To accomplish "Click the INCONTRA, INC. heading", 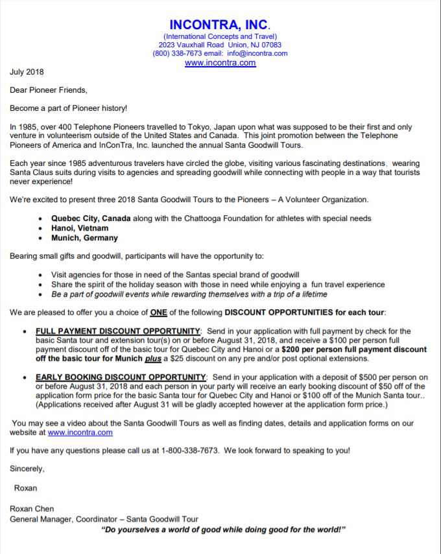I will tap(220, 25).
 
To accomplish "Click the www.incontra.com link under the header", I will tap(220, 63).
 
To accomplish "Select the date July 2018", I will tap(27, 72).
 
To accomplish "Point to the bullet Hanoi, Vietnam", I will tap(80, 228).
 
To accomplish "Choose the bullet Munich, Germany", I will tap(84, 238).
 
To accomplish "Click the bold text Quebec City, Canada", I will tap(92, 218).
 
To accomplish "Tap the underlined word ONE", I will tap(158, 312).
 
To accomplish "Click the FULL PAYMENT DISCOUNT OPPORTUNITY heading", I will tap(119, 331).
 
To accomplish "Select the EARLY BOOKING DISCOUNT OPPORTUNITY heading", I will tap(121, 377).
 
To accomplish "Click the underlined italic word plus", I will tap(152, 358).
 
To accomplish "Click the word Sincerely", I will tap(27, 468).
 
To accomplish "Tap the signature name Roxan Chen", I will tap(32, 509).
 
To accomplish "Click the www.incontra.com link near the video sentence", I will tap(80, 432).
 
